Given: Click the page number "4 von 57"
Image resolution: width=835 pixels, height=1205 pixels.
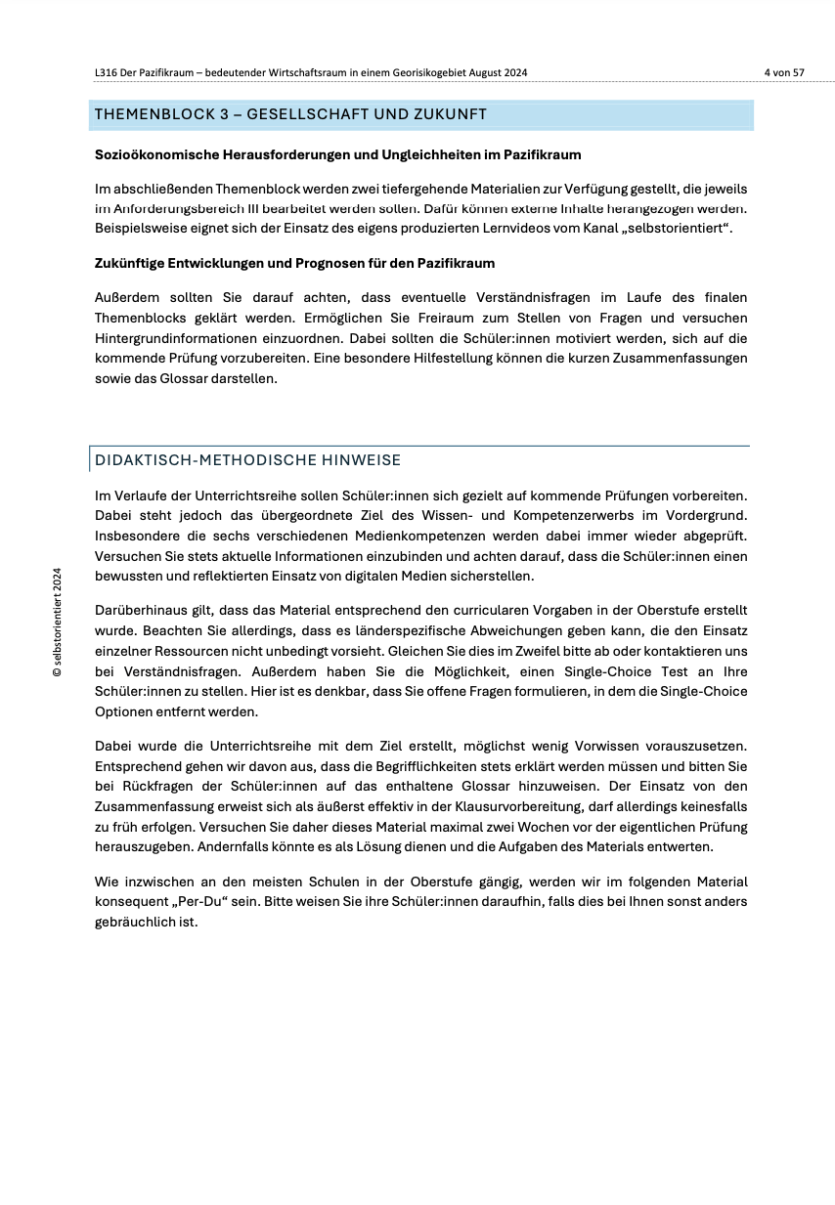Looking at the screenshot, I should pyautogui.click(x=784, y=72).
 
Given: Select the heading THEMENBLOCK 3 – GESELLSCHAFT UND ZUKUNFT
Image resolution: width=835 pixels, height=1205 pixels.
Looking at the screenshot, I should pyautogui.click(x=290, y=115).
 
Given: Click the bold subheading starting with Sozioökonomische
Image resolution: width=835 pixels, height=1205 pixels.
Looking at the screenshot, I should pyautogui.click(x=337, y=154).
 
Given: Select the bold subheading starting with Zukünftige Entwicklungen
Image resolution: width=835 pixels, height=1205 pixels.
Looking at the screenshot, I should pyautogui.click(x=294, y=263).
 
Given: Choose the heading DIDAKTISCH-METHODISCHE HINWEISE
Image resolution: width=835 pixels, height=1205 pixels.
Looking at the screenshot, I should pyautogui.click(x=247, y=460).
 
